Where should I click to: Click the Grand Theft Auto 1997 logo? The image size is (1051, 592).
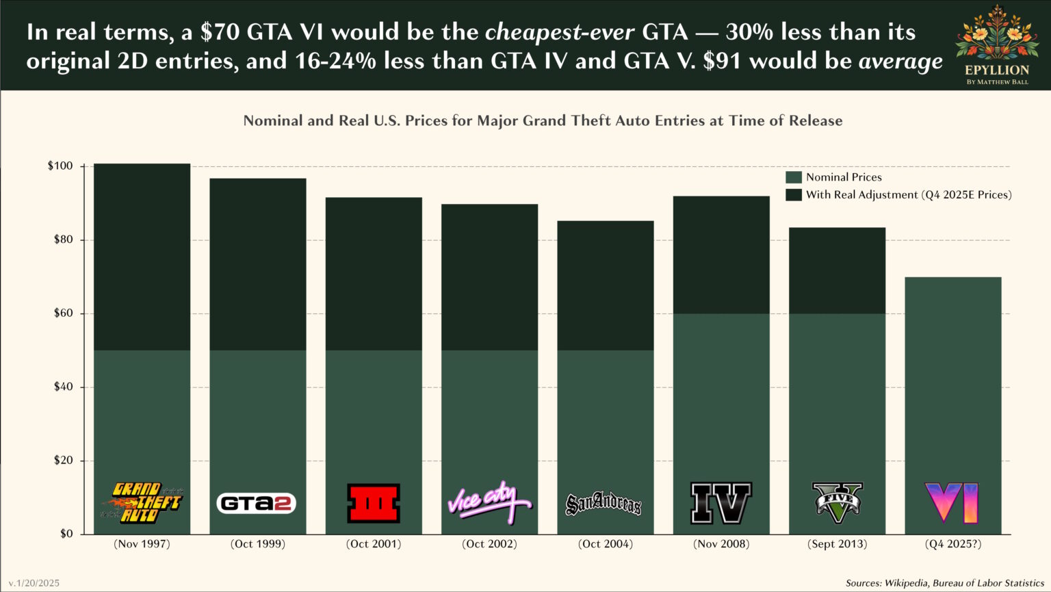pyautogui.click(x=142, y=503)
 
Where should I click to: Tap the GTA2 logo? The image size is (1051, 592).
pyautogui.click(x=257, y=504)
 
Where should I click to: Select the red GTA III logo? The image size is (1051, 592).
pyautogui.click(x=374, y=503)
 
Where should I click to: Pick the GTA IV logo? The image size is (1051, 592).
pyautogui.click(x=721, y=502)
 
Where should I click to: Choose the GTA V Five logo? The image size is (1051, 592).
pyautogui.click(x=837, y=500)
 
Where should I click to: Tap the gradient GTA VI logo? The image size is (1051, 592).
pyautogui.click(x=952, y=502)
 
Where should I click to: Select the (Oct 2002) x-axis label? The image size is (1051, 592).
pyautogui.click(x=489, y=544)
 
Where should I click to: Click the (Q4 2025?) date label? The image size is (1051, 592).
pyautogui.click(x=952, y=544)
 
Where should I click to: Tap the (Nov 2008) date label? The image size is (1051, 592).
pyautogui.click(x=721, y=544)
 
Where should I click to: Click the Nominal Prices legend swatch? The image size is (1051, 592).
pyautogui.click(x=794, y=177)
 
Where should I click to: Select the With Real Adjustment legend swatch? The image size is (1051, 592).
pyautogui.click(x=794, y=195)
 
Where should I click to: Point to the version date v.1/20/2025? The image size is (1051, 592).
pyautogui.click(x=34, y=583)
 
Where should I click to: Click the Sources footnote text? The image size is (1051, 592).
pyautogui.click(x=944, y=583)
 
